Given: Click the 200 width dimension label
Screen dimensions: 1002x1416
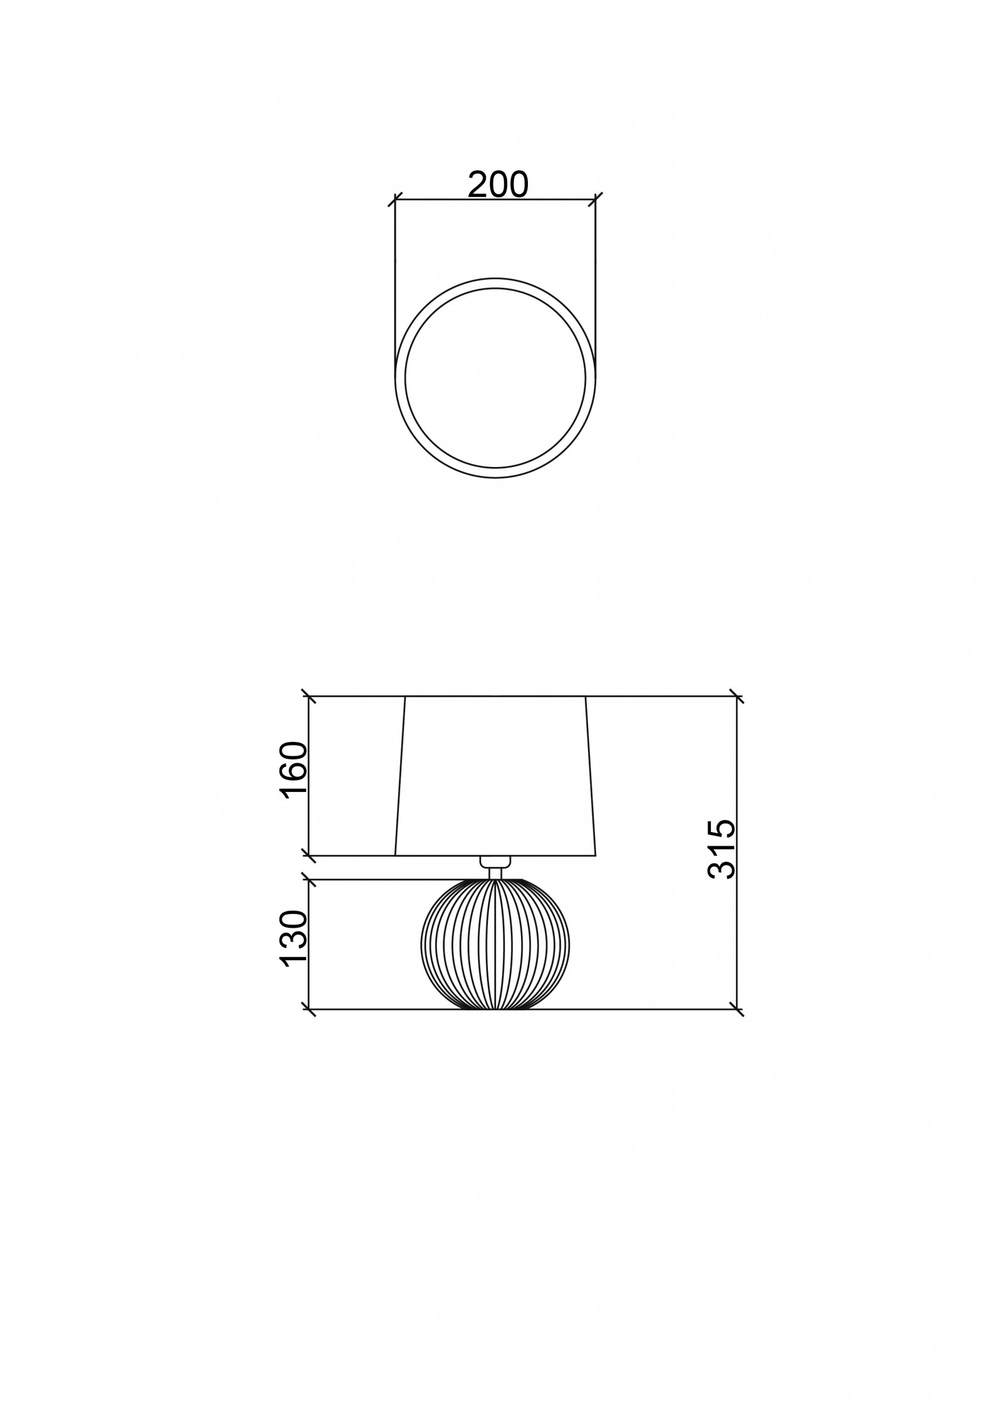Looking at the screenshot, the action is click(x=498, y=184).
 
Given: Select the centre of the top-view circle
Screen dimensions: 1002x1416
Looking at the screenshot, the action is click(x=495, y=377).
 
